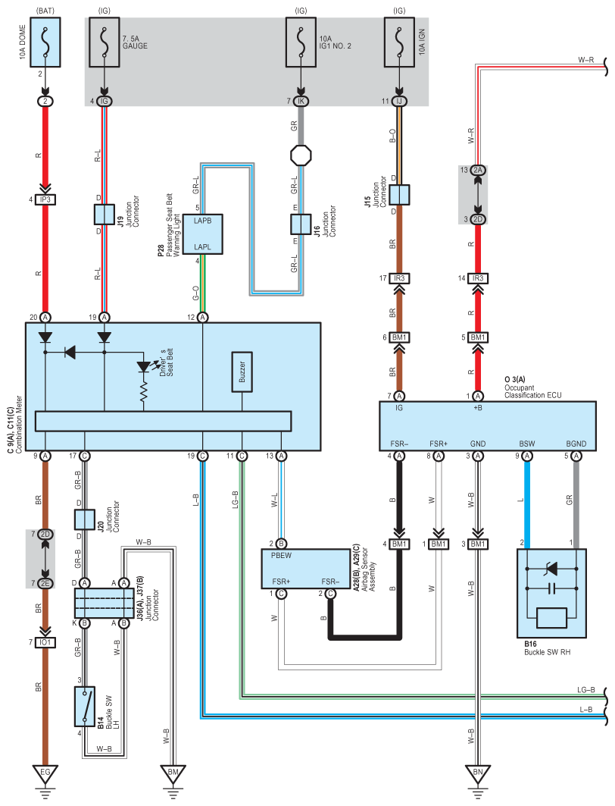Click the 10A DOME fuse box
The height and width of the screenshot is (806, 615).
[x=45, y=42]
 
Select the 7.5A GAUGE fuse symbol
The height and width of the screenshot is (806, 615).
[x=105, y=42]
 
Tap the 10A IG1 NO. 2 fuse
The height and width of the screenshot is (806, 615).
[x=301, y=42]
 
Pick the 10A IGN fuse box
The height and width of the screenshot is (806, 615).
[x=399, y=42]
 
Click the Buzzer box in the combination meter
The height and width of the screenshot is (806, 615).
[x=242, y=372]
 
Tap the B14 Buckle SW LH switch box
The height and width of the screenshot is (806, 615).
[x=85, y=706]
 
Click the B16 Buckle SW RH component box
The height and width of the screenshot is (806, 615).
[x=551, y=593]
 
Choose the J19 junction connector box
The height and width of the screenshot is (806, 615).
[x=105, y=215]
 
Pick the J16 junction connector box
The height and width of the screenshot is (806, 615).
[x=301, y=224]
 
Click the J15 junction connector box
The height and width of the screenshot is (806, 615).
[x=399, y=195]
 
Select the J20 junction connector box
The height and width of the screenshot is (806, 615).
[x=85, y=519]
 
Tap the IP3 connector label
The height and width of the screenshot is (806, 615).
[x=45, y=199]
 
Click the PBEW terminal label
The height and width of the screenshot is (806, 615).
[x=281, y=556]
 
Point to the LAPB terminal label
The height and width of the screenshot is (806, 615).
[x=203, y=221]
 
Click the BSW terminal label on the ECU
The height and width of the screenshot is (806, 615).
[x=526, y=444]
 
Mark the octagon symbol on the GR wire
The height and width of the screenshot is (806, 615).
[x=301, y=155]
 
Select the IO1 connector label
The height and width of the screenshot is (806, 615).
[x=45, y=642]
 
